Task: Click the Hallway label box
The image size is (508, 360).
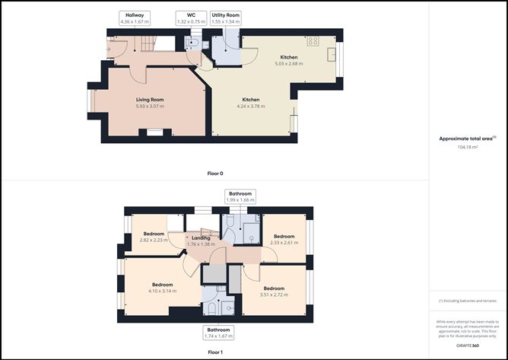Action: (x=136, y=18)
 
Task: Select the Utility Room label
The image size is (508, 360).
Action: (x=226, y=18)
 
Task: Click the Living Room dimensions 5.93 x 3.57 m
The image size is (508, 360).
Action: (x=150, y=107)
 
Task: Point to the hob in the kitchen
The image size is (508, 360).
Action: (x=313, y=41)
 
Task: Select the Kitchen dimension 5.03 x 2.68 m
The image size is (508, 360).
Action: (x=288, y=64)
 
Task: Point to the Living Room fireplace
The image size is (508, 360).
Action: (x=154, y=132)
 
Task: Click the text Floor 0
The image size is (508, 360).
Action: (x=215, y=174)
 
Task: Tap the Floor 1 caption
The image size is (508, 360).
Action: (x=215, y=353)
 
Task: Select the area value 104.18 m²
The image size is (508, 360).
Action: (x=465, y=148)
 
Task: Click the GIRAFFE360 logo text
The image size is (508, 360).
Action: (x=465, y=346)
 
